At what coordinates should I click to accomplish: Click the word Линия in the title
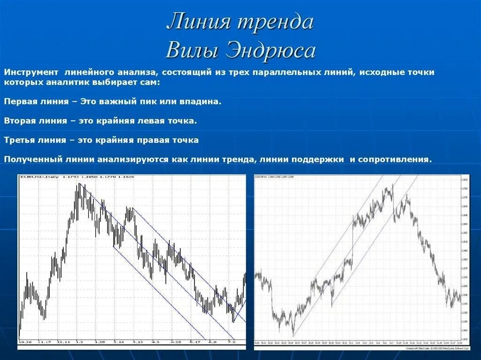click(197, 22)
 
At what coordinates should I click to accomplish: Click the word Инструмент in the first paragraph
click(31, 73)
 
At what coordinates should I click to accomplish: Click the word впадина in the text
click(201, 101)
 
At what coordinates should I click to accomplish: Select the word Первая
click(21, 101)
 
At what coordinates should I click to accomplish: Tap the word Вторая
click(20, 121)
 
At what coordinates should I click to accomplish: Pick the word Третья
click(20, 140)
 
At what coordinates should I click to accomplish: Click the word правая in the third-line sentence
click(154, 140)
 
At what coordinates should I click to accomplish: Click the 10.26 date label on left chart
click(25, 342)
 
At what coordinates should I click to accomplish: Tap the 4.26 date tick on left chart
click(177, 342)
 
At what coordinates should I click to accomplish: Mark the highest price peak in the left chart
click(79, 184)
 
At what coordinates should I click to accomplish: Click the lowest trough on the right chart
click(293, 335)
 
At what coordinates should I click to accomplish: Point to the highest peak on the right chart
click(392, 186)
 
